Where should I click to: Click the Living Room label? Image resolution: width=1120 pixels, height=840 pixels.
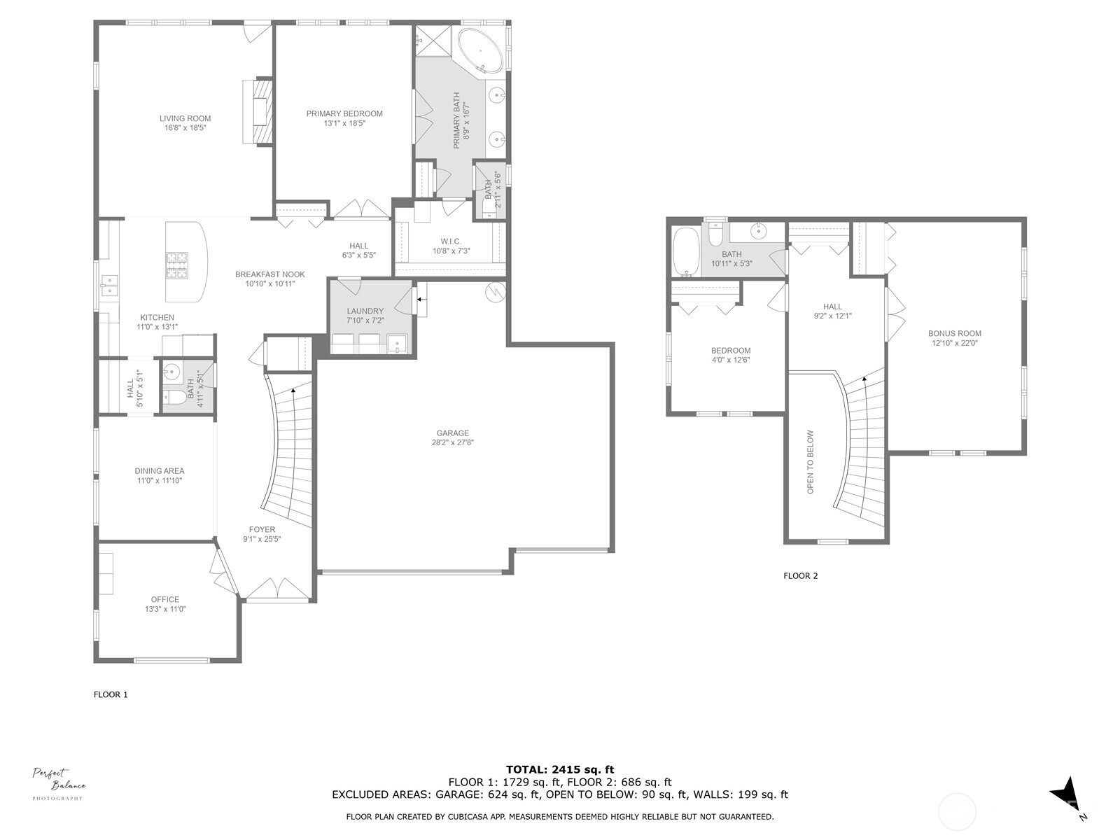coord(185,119)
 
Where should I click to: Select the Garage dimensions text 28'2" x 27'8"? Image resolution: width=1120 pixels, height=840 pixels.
coord(453,442)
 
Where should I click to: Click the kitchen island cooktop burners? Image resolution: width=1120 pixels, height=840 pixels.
coord(177,266)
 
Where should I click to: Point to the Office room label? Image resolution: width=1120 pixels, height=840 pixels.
coord(165,599)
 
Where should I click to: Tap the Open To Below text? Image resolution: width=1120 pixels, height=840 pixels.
coord(811,462)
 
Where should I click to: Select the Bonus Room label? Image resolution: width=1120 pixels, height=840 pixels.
coord(955,334)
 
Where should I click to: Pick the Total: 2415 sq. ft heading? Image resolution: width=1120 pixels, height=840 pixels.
coord(560,769)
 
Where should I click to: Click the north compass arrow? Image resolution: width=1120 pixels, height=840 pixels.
coord(1065,795)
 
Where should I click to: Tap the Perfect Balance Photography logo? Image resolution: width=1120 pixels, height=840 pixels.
coord(59,783)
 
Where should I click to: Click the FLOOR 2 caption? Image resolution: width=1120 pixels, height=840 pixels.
coord(800,576)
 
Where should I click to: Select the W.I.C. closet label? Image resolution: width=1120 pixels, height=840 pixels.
coord(451,241)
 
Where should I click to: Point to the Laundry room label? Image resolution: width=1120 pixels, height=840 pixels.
coord(365,311)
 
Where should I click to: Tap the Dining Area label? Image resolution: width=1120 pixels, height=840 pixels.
coord(159,471)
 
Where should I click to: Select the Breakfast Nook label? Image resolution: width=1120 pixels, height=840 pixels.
coord(269,274)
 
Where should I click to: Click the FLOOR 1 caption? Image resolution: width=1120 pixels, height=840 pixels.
coord(111,695)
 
